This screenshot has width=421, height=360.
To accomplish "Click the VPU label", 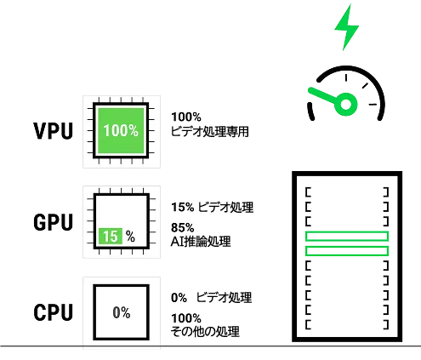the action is point(54,131).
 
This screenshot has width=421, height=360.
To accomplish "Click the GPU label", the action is point(54,222).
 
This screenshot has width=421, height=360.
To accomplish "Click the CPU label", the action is point(54,312).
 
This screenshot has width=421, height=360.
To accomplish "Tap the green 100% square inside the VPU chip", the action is point(121,131).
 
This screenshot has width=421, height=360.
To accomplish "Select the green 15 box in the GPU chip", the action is point(111,236).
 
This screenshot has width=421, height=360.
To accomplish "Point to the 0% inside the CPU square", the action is point(122,312).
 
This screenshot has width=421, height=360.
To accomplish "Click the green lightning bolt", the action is point(346,27).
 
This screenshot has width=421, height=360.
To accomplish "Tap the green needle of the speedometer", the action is point(323,95).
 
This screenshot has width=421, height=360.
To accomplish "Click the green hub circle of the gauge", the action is point(345,104).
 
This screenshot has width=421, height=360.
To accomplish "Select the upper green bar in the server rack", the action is point(347,237).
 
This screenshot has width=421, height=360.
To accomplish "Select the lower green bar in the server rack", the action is point(347,251).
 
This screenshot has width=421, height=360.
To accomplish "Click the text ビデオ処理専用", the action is point(210,131).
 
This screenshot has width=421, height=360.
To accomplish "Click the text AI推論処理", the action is point(201,242).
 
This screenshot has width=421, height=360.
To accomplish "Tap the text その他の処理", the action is point(205,331).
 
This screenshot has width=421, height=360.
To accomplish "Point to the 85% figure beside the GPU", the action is point(183,227).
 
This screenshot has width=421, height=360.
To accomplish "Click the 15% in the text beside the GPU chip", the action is point(183,207).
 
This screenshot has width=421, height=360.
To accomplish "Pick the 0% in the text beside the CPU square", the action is point(179,298).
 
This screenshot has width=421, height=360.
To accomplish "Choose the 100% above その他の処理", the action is point(186,318).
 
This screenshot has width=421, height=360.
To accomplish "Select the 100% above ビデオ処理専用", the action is point(186,117).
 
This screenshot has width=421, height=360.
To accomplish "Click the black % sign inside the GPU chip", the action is point(130,236).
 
